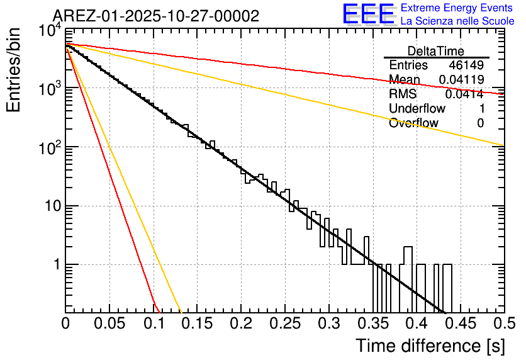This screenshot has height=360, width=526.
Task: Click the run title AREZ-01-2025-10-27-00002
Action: (156, 16)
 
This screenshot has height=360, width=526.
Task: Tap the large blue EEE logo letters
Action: (368, 14)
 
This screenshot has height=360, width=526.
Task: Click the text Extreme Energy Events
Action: (457, 8)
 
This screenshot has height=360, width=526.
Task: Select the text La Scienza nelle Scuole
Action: (457, 21)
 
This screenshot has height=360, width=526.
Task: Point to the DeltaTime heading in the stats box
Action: (436, 51)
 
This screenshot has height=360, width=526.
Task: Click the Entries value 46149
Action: (466, 65)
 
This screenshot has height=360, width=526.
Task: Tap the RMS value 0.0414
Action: (464, 94)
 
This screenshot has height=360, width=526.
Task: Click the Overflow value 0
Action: (480, 123)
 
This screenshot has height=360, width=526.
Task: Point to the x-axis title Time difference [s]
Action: (429, 346)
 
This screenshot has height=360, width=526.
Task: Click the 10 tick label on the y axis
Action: (50, 206)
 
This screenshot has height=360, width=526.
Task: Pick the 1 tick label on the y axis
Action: (54, 265)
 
